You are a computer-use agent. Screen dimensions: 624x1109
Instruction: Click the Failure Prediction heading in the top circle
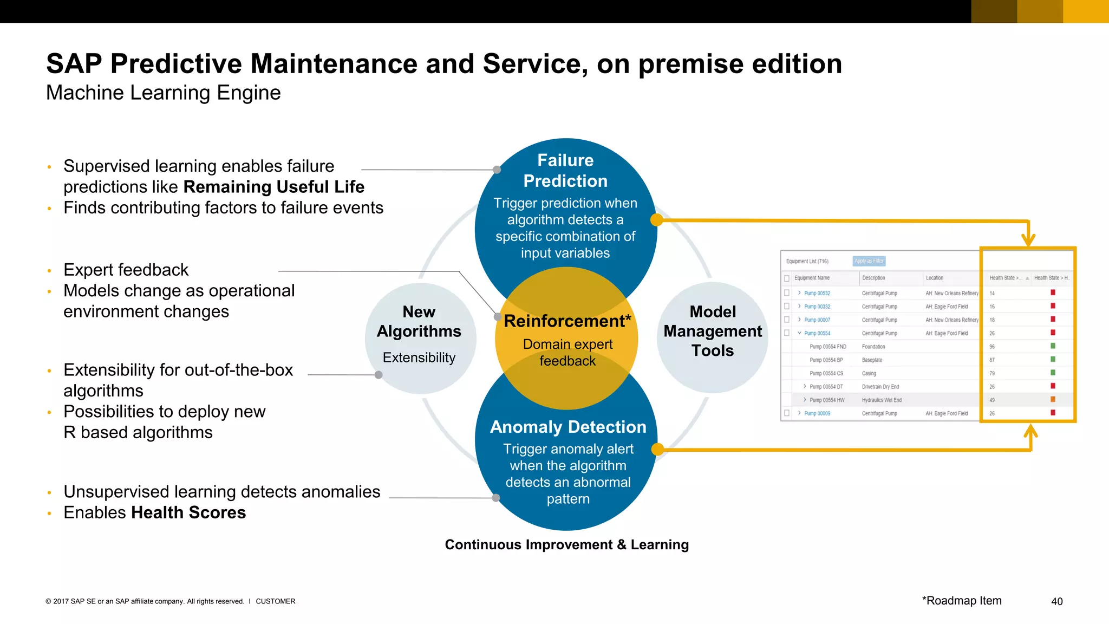[565, 171]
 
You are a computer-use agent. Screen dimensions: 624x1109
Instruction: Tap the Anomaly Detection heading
[568, 427]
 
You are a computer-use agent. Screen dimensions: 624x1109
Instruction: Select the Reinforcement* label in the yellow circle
[567, 321]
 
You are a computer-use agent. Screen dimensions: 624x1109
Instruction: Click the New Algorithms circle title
[419, 322]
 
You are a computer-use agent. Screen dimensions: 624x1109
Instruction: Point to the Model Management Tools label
[713, 331]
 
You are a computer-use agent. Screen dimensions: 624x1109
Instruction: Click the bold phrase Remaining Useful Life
[273, 187]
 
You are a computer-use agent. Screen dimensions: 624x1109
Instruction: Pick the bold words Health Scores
[188, 512]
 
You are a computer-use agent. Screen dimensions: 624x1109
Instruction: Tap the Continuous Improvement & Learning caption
[566, 544]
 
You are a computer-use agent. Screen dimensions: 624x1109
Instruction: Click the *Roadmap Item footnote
[962, 601]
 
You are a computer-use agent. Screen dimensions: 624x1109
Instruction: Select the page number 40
[1056, 601]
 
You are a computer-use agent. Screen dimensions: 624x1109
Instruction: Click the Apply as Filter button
[869, 261]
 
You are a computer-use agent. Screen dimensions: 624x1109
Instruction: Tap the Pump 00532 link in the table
[817, 293]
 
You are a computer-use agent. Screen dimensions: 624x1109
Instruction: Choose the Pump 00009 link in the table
[817, 413]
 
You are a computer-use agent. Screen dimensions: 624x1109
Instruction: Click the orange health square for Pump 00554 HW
[1053, 400]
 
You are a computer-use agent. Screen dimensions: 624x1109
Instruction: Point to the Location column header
[934, 278]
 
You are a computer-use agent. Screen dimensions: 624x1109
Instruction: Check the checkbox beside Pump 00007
[787, 320]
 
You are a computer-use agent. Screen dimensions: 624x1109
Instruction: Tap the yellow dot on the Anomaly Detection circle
[657, 449]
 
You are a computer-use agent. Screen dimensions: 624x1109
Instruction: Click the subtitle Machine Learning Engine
[163, 93]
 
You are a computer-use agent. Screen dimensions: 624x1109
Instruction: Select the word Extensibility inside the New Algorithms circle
[419, 357]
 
